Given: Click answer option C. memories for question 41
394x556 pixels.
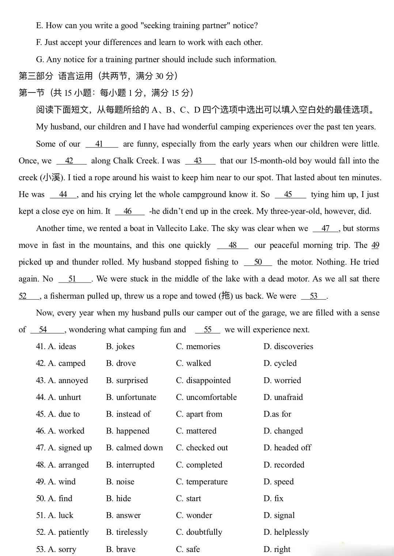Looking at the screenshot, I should (x=198, y=346).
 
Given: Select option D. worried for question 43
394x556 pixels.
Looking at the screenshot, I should (x=282, y=380).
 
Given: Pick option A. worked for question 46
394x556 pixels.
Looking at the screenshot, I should (x=60, y=431).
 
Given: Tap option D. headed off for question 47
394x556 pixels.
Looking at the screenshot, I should (x=287, y=447).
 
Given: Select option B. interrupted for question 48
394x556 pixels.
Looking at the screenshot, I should (x=130, y=465).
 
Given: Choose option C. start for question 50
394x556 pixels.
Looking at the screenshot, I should (x=189, y=498).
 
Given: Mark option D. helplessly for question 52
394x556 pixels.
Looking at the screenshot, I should (x=286, y=532).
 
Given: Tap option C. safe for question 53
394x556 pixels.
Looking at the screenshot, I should (x=188, y=549).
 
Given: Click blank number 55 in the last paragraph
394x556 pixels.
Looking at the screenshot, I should (x=208, y=330).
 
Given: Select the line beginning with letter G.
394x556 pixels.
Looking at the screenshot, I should (x=156, y=59).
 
